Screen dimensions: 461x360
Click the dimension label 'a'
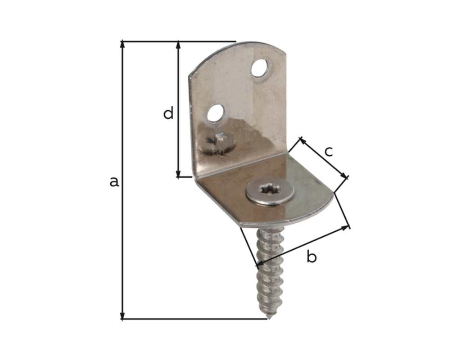pos(114,182)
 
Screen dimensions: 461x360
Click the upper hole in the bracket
pos(260,68)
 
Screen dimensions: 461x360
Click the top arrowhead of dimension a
pos(122,45)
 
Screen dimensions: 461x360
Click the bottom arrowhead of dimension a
pos(122,315)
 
